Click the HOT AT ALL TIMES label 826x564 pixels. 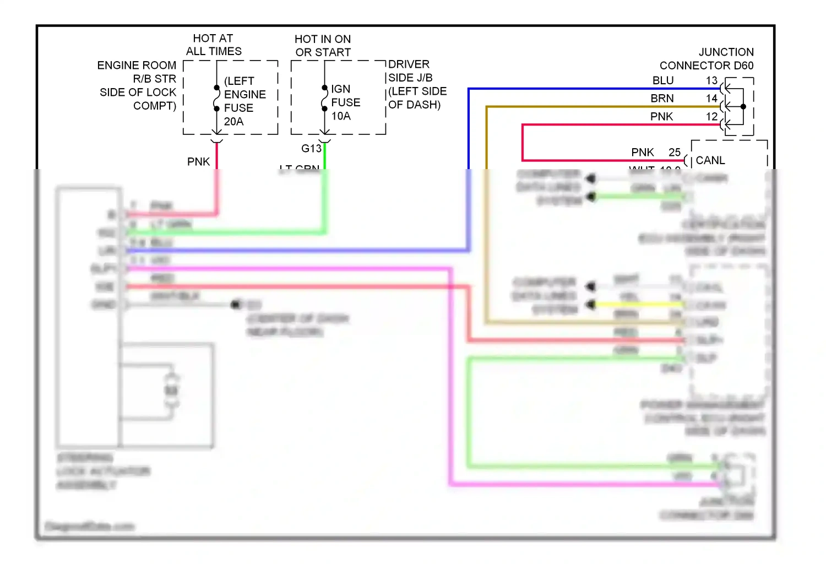[x=214, y=45]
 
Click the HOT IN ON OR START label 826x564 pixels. [x=323, y=46]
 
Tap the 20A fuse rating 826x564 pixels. [x=233, y=121]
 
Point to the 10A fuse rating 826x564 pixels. [x=341, y=116]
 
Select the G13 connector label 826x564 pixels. [x=311, y=149]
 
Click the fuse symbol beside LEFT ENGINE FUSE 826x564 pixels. [x=217, y=98]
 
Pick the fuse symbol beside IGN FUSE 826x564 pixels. [x=325, y=98]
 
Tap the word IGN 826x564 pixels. [x=340, y=89]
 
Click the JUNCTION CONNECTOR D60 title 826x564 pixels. [x=707, y=59]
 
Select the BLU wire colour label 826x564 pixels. [x=663, y=81]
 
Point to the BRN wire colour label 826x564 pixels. [x=662, y=99]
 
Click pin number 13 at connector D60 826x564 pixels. [x=712, y=81]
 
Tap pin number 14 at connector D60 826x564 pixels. [x=712, y=99]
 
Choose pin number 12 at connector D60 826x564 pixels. [x=712, y=117]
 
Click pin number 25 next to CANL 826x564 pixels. [x=675, y=153]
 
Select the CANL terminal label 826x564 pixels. [x=710, y=160]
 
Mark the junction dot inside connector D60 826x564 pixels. [x=743, y=107]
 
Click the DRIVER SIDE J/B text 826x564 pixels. [x=410, y=71]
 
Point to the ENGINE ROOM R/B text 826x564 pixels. [x=137, y=72]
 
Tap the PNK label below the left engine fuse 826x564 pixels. [x=198, y=162]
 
